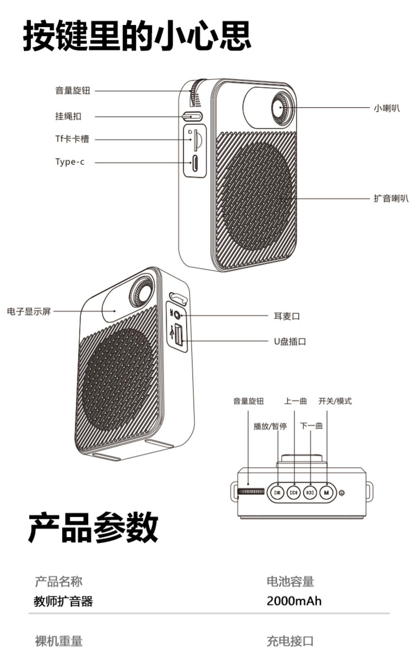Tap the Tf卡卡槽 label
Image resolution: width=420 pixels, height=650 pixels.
72,139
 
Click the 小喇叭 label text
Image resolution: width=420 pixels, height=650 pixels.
387,108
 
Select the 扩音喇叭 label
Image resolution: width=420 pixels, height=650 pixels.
391,198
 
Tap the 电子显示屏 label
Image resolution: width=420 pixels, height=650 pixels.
29,311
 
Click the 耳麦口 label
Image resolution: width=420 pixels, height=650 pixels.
287,316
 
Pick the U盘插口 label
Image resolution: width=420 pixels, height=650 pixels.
290,342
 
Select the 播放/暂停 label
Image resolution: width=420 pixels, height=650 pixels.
270,426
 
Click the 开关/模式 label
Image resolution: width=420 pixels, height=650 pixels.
335,401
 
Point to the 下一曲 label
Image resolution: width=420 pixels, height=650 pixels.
311,426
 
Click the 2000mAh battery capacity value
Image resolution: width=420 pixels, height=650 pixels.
294,601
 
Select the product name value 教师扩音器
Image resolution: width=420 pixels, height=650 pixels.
63,601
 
